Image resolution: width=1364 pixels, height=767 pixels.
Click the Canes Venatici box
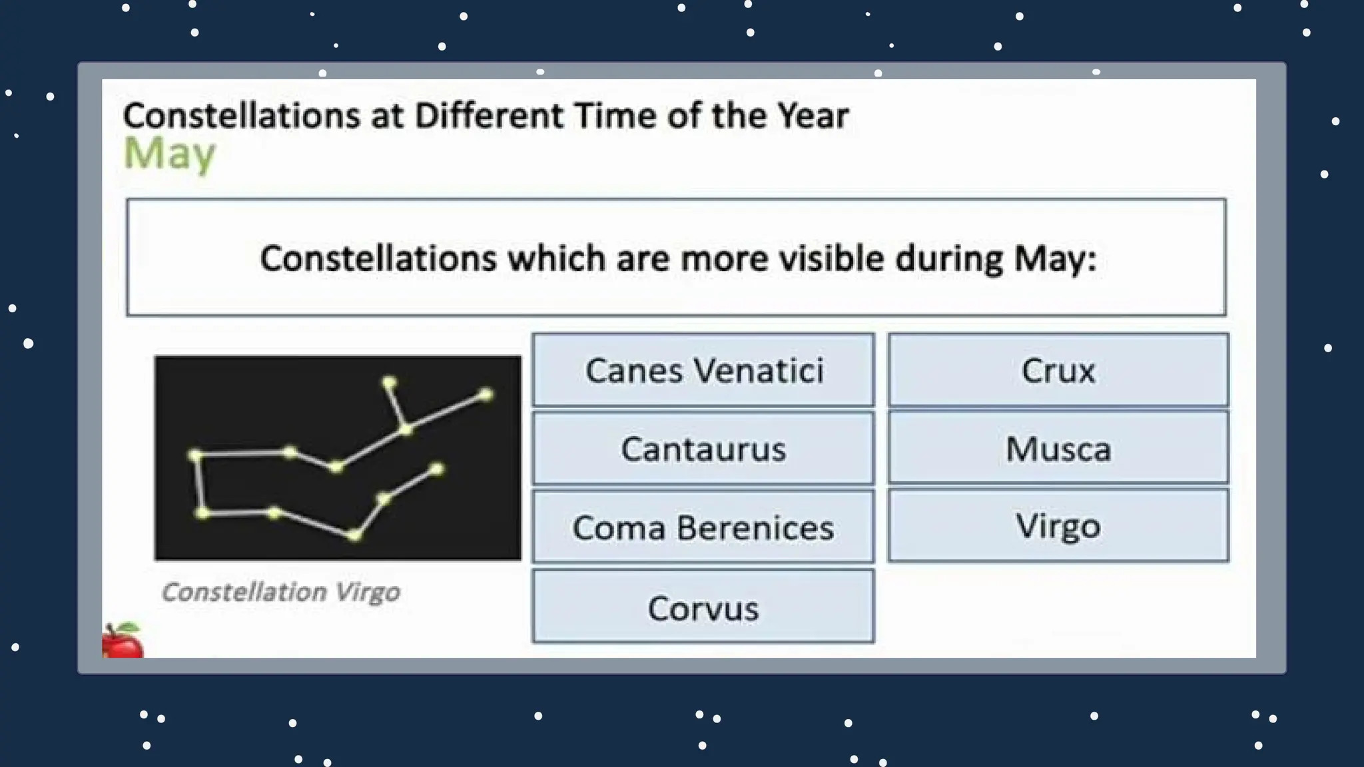pyautogui.click(x=703, y=370)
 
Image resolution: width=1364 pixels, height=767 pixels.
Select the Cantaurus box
pyautogui.click(x=703, y=448)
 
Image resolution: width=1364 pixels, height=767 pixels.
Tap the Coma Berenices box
pyautogui.click(x=703, y=527)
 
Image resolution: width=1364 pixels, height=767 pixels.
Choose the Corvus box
pyautogui.click(x=703, y=607)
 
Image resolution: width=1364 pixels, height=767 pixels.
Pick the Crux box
pyautogui.click(x=1058, y=370)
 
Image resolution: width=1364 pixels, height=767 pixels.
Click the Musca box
pyautogui.click(x=1058, y=448)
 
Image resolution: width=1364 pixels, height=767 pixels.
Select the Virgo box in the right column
pyautogui.click(x=1058, y=526)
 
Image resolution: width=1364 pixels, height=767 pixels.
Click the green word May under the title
pyautogui.click(x=170, y=154)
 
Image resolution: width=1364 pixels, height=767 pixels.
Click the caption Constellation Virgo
pyautogui.click(x=280, y=592)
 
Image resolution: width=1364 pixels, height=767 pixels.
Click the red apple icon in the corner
pyautogui.click(x=122, y=642)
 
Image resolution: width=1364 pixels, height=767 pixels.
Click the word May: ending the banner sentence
pyautogui.click(x=1054, y=258)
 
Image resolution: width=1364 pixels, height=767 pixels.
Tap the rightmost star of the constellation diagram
pyautogui.click(x=486, y=395)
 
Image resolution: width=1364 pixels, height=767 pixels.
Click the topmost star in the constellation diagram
pyautogui.click(x=389, y=382)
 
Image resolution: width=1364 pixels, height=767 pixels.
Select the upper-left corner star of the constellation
pyautogui.click(x=195, y=455)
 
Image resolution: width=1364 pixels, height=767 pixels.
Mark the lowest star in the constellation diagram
pyautogui.click(x=355, y=535)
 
